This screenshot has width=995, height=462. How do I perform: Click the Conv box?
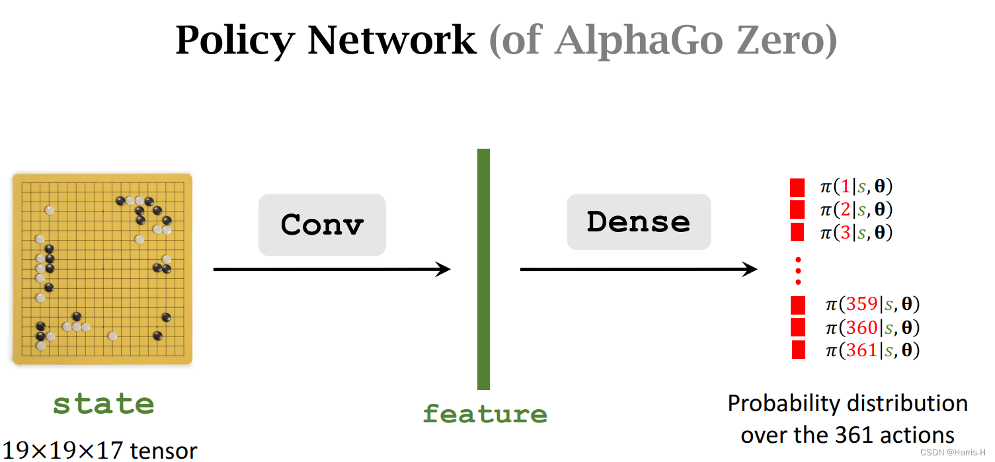pyautogui.click(x=322, y=225)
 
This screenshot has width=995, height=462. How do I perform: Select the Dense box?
pyautogui.click(x=639, y=222)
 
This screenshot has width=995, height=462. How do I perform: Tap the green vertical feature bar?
pyautogui.click(x=483, y=269)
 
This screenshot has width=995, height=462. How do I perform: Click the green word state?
pyautogui.click(x=103, y=404)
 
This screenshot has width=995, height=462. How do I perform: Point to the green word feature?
pyautogui.click(x=485, y=414)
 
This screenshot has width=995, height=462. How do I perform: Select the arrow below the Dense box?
pyautogui.click(x=639, y=269)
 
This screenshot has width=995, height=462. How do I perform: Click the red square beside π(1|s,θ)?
pyautogui.click(x=797, y=187)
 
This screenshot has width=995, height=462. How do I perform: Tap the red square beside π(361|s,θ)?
pyautogui.click(x=798, y=350)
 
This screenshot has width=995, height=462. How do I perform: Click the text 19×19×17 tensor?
pyautogui.click(x=99, y=451)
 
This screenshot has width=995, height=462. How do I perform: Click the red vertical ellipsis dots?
pyautogui.click(x=798, y=270)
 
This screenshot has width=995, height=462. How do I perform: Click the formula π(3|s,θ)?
pyautogui.click(x=856, y=233)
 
